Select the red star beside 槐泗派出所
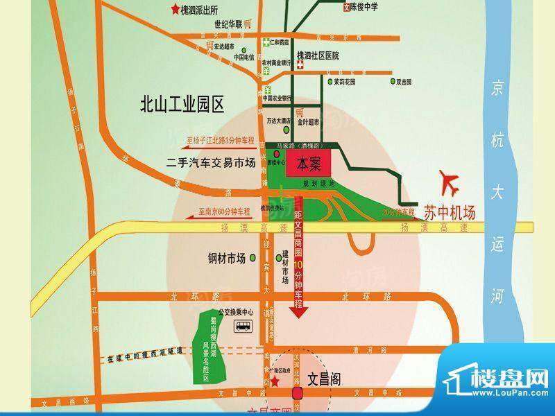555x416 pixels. tap(174, 8)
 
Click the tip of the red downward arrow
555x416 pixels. tap(298, 317)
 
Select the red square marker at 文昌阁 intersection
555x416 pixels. tap(298, 395)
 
